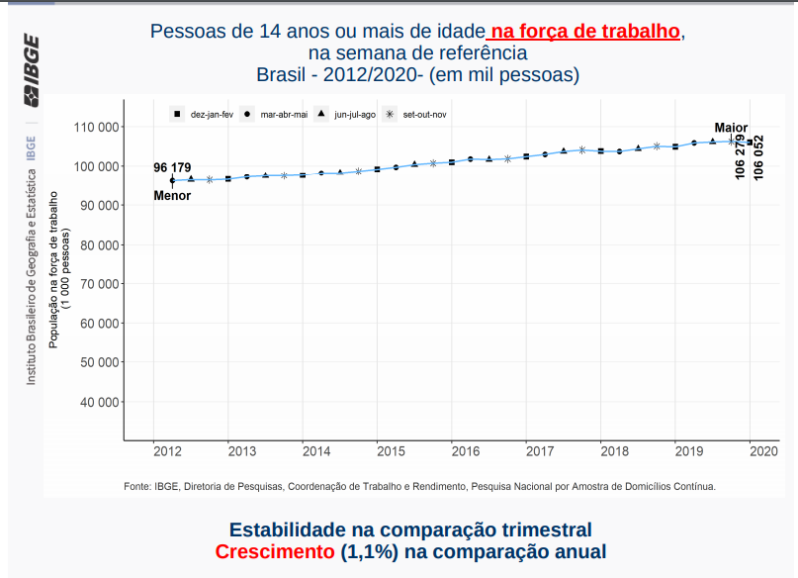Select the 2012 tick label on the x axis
(x=167, y=452)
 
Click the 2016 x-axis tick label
(x=466, y=452)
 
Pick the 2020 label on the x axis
(x=764, y=452)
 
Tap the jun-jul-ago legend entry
(x=347, y=115)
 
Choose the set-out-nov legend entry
(x=416, y=115)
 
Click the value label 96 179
(x=172, y=167)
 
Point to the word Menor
(x=172, y=196)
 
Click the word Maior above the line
(x=732, y=129)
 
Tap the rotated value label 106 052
(x=758, y=156)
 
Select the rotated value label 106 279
(x=742, y=156)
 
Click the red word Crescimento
(x=276, y=552)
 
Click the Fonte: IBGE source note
(x=419, y=487)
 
